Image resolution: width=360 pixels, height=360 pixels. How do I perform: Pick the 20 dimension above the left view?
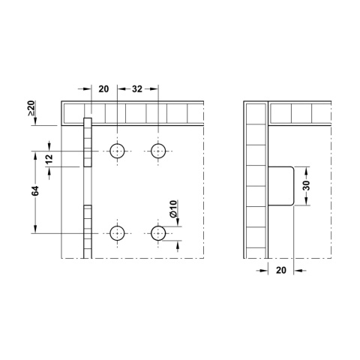click(103, 88)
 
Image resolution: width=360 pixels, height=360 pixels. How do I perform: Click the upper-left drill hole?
click(118, 151)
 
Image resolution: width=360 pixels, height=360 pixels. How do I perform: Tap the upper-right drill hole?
click(158, 151)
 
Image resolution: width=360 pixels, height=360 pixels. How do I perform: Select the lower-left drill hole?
click(118, 233)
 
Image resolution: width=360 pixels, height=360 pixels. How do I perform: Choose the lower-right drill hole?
click(158, 233)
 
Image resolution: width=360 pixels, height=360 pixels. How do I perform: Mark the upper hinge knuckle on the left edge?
click(87, 142)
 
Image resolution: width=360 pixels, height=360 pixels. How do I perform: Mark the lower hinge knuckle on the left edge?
click(87, 229)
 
